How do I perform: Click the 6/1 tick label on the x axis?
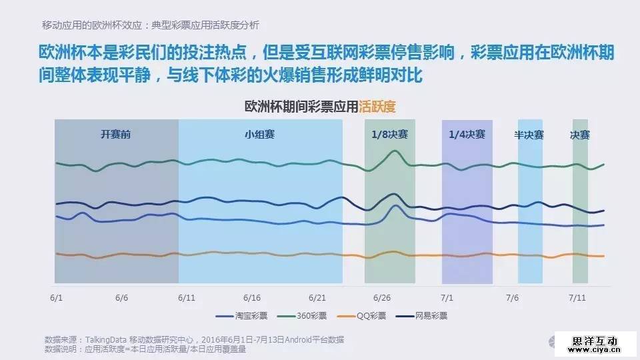point(56,297)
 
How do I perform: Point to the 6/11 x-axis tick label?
point(187,297)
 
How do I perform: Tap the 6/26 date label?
point(381,297)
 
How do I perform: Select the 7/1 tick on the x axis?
point(447,297)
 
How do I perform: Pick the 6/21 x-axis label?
point(317,297)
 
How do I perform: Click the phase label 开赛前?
point(116,134)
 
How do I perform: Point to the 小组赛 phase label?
point(260,134)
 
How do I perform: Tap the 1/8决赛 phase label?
point(390,134)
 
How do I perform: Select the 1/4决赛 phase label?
point(467,134)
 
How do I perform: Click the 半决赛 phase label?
point(529,134)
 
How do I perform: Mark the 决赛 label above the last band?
point(580,134)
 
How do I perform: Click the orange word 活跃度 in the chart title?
point(377,106)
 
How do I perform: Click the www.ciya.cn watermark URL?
point(597,347)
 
